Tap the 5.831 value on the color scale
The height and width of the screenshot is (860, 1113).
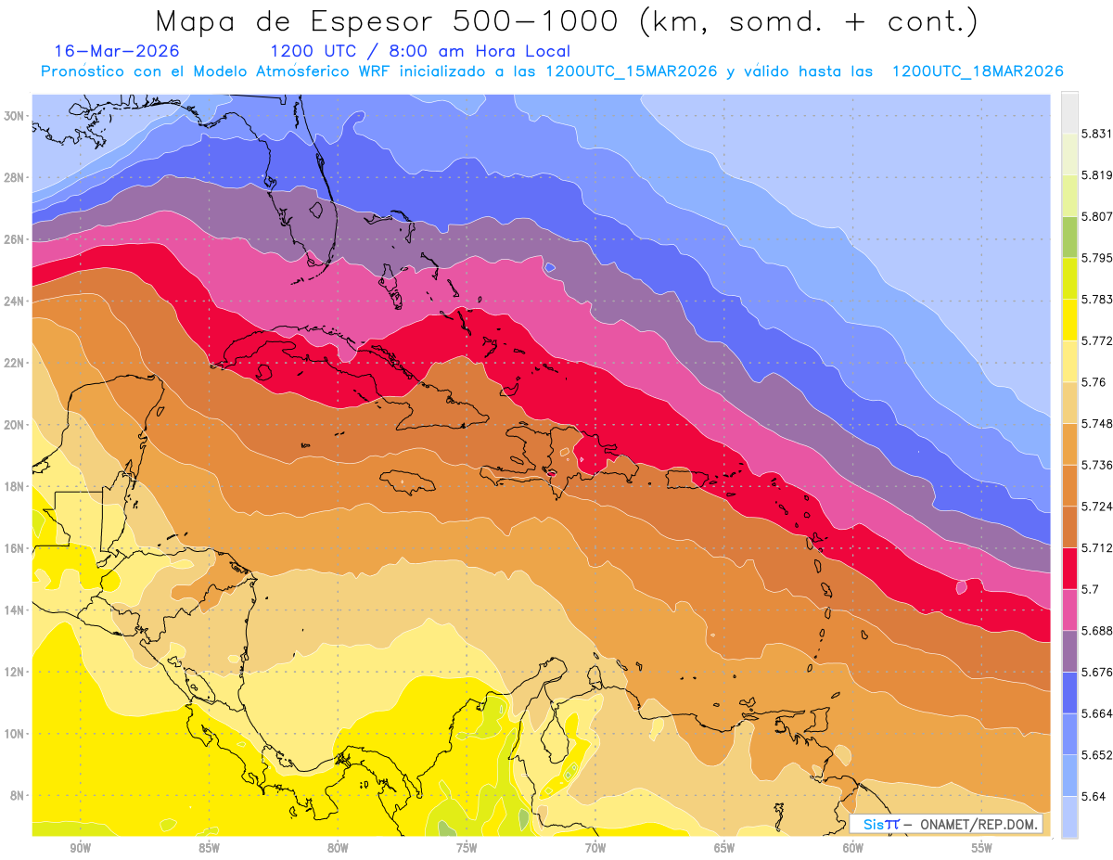pyautogui.click(x=1093, y=134)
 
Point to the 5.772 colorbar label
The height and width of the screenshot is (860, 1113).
pyautogui.click(x=1093, y=340)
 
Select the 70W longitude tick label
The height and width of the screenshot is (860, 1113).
pyautogui.click(x=595, y=848)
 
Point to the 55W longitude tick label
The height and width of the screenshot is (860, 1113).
pyautogui.click(x=982, y=848)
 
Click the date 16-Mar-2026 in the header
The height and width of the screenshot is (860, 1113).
pyautogui.click(x=117, y=51)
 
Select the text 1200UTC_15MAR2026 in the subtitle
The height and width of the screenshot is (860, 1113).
pyautogui.click(x=632, y=71)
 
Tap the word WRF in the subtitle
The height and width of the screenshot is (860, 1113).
pyautogui.click(x=376, y=71)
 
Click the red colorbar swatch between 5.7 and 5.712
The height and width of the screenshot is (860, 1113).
pyautogui.click(x=1069, y=568)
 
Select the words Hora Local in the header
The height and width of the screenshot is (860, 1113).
pyautogui.click(x=524, y=51)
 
